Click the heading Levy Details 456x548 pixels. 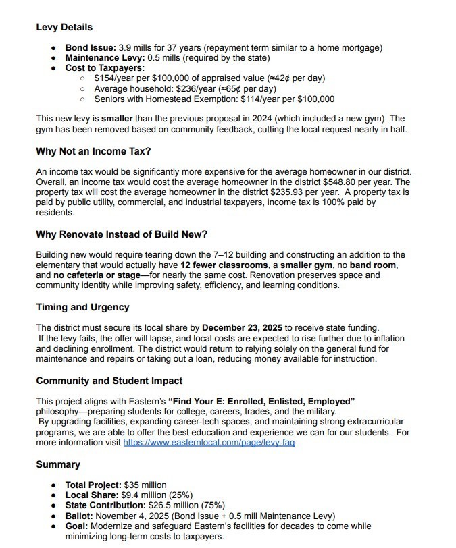coord(64,28)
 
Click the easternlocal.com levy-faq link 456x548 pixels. coord(209,442)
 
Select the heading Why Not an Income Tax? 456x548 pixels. coord(93,151)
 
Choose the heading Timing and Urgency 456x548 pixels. coord(82,307)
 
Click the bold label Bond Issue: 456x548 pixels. coord(90,48)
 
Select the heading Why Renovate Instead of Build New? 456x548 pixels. coord(122,234)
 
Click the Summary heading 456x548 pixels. coord(58,464)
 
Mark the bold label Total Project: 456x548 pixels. coord(93,485)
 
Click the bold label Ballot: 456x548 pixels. coord(80,515)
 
